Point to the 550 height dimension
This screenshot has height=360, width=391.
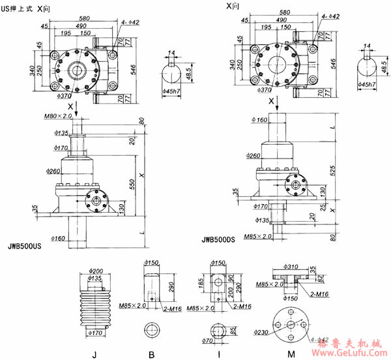pos(133,185)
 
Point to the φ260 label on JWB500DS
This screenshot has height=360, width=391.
pos(255,156)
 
